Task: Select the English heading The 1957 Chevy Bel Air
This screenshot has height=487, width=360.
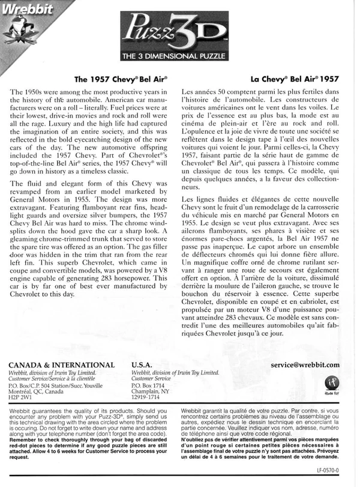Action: (121, 79)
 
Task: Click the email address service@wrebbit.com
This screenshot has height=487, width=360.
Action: (305, 364)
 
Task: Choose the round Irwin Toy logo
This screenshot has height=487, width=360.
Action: (331, 383)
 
